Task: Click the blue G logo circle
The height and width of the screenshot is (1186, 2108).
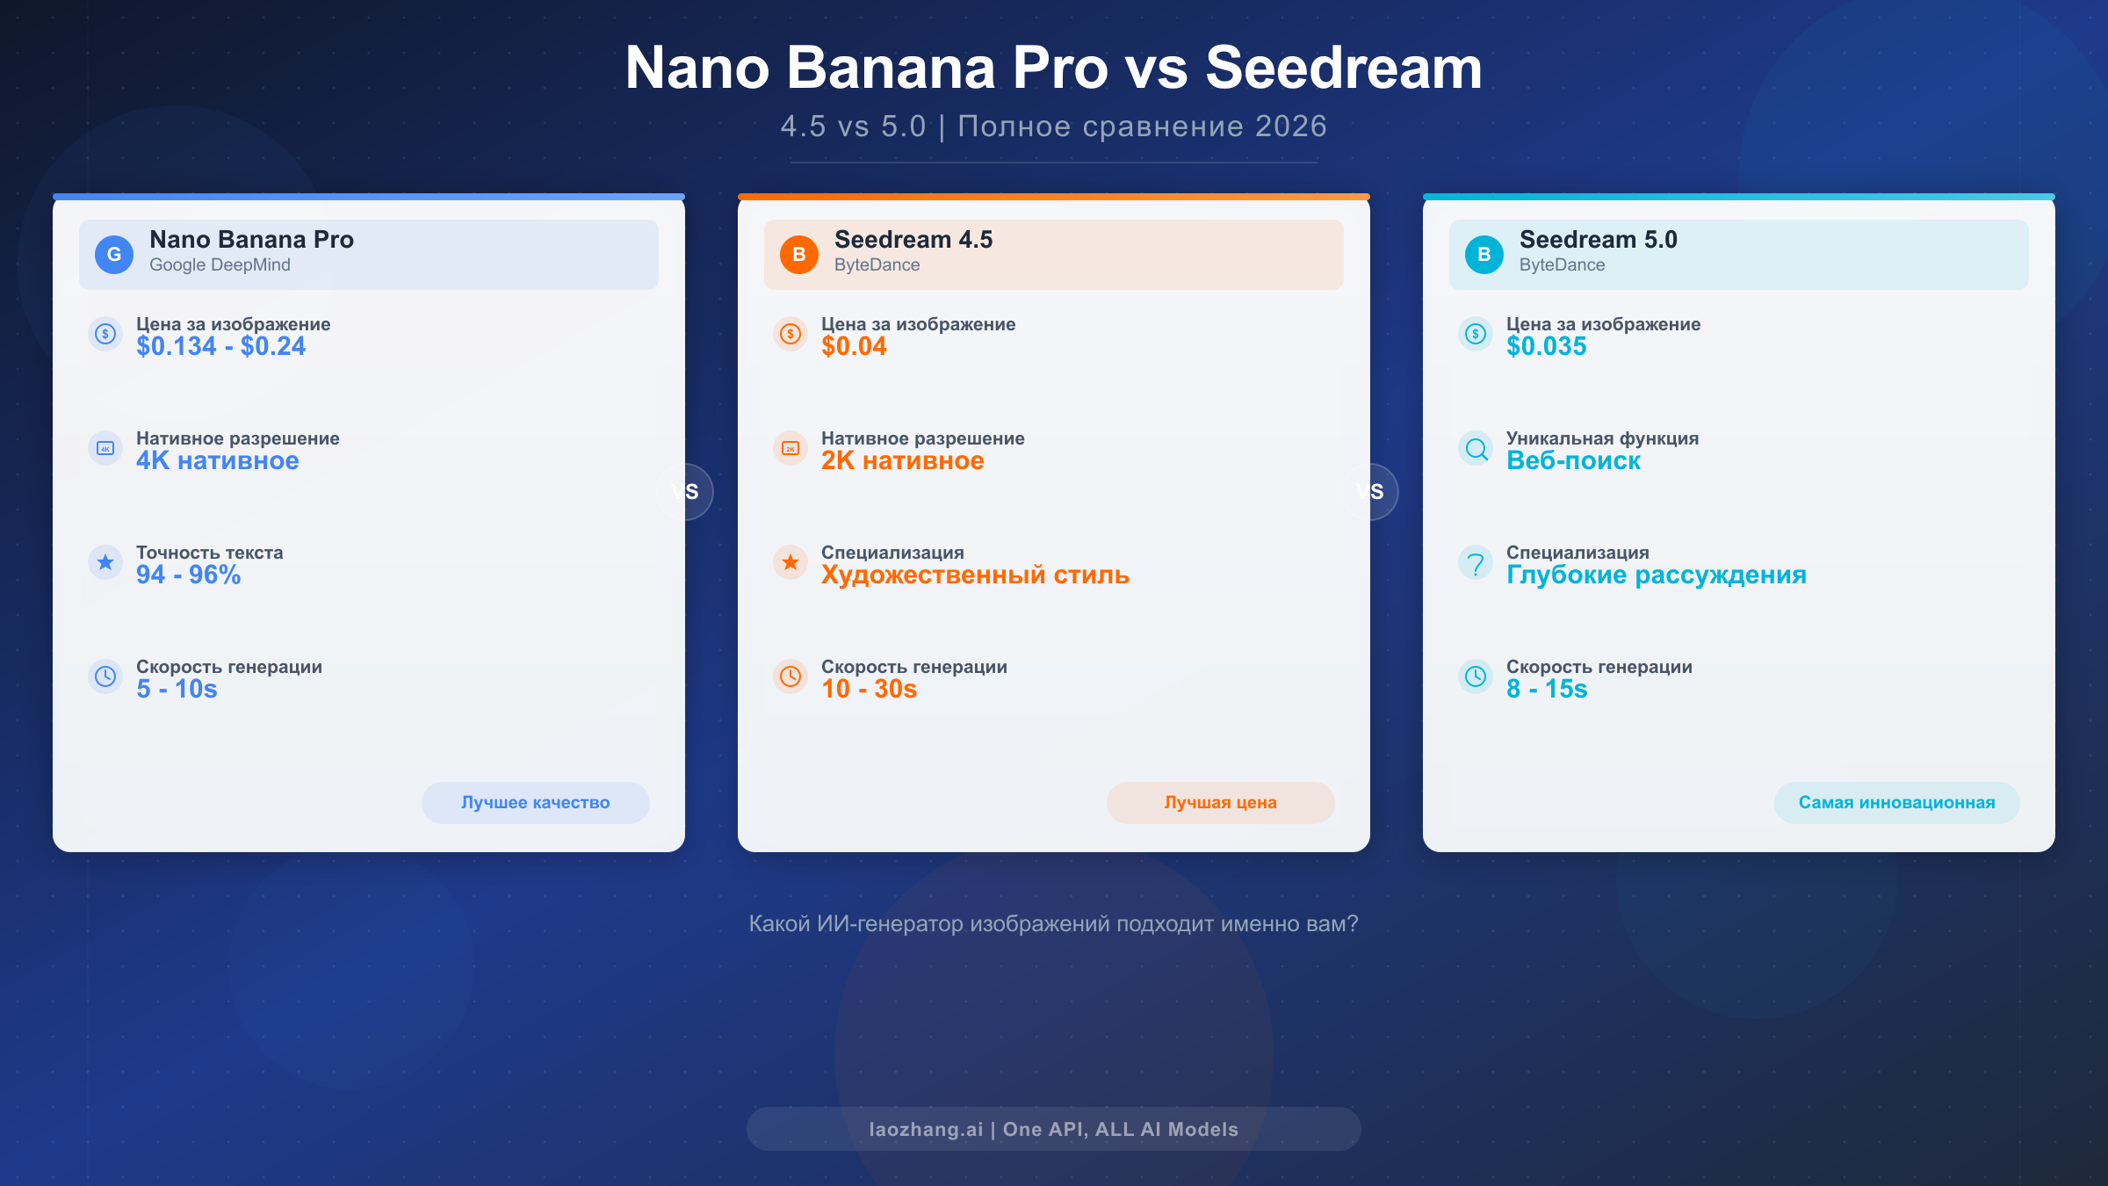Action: [114, 255]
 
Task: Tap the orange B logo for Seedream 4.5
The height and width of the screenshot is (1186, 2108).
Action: [799, 255]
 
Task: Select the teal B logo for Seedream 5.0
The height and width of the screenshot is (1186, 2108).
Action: [1484, 255]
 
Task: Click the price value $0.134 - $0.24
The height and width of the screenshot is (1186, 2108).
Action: [220, 346]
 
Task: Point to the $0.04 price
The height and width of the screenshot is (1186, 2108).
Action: [854, 346]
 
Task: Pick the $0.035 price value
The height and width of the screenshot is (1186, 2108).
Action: [1546, 346]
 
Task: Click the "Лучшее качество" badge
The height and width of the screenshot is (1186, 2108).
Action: [536, 802]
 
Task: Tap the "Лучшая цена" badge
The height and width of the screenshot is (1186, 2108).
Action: [1221, 802]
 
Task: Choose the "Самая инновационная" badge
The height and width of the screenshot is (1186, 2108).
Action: [1897, 802]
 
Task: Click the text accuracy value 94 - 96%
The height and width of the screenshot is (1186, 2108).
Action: [188, 575]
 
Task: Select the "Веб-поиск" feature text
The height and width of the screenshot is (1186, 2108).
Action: [1573, 460]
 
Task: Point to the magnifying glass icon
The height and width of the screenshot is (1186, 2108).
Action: [1476, 448]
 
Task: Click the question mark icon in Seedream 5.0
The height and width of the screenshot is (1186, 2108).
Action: [1476, 562]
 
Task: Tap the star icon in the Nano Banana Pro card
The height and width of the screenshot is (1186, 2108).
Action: [105, 562]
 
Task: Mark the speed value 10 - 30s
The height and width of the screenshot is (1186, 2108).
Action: [869, 689]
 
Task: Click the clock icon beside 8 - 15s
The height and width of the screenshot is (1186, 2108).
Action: [1476, 676]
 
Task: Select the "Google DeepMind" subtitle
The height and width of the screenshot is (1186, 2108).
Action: [220, 265]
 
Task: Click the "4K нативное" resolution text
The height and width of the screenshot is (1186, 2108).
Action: [217, 460]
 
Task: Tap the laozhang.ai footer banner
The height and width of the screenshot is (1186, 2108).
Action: [1054, 1129]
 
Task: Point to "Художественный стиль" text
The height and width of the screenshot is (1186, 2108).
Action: [975, 575]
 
